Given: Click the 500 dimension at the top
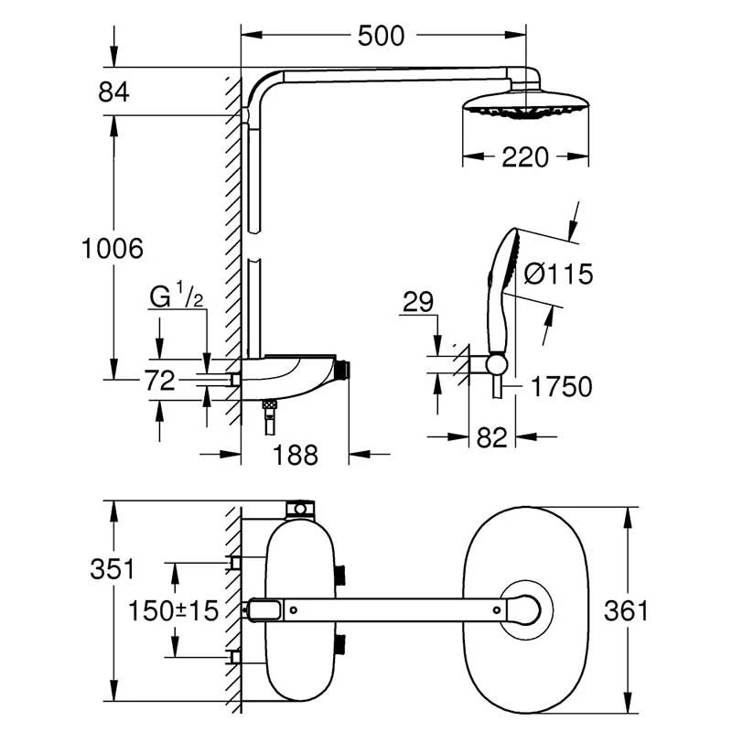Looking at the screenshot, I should [x=382, y=36].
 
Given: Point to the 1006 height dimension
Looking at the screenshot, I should [x=113, y=247].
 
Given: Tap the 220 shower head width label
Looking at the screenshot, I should [x=525, y=157].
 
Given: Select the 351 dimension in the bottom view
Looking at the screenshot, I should [x=112, y=568].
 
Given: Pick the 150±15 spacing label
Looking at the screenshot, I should [x=175, y=610].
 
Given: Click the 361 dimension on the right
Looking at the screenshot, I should [x=626, y=610].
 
